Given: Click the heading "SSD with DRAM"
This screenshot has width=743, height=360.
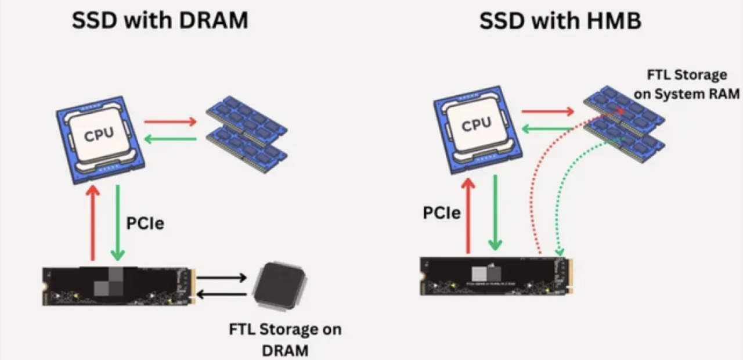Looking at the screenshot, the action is [160, 20].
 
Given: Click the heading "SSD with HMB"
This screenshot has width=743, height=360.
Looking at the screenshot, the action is [560, 21].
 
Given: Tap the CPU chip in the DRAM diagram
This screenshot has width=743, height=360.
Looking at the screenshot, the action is [100, 140].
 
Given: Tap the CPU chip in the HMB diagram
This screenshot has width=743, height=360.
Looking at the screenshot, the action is [478, 129].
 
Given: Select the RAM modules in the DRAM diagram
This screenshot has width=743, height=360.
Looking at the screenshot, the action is [247, 134].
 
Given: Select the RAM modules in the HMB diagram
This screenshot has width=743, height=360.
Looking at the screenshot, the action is [624, 124].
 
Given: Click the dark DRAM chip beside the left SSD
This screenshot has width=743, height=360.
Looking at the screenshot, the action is [279, 286].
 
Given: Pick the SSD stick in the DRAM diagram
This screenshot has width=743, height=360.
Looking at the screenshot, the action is [119, 286].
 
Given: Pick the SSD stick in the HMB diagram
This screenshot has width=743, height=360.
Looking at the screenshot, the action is [496, 276].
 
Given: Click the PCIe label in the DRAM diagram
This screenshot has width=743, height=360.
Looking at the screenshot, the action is [145, 224].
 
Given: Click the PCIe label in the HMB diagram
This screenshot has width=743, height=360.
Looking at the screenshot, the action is [442, 213].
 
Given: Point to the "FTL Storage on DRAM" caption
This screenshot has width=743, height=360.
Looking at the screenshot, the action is [285, 340].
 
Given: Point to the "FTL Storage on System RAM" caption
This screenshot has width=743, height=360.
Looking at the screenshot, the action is [687, 84].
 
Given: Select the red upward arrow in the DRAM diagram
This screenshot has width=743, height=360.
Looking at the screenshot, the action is [93, 222].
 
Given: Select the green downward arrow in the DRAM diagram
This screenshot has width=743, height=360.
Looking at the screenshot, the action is [118, 222].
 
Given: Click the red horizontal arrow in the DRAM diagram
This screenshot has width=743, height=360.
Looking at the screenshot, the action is [171, 121].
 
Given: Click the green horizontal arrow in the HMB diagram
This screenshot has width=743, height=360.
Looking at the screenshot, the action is [547, 128].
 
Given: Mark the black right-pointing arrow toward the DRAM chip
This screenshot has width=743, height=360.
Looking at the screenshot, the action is [222, 278].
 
